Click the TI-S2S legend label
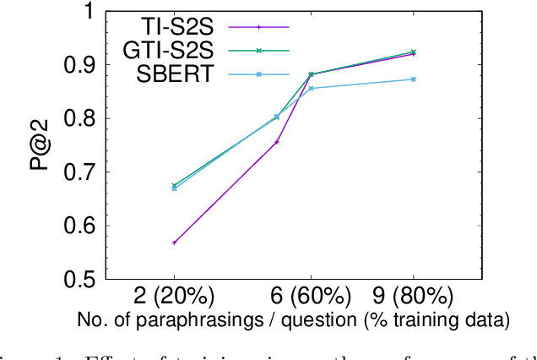coord(189,26)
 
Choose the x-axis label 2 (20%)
coord(174,297)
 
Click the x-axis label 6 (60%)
coord(311,297)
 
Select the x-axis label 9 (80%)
coord(413,297)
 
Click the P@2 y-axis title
coord(37,145)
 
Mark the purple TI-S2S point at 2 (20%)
coord(174,243)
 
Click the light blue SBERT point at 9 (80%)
coord(413,79)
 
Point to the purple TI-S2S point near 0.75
coord(276,142)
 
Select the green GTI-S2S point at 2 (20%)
coord(174,185)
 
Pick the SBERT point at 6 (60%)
coord(311,89)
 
